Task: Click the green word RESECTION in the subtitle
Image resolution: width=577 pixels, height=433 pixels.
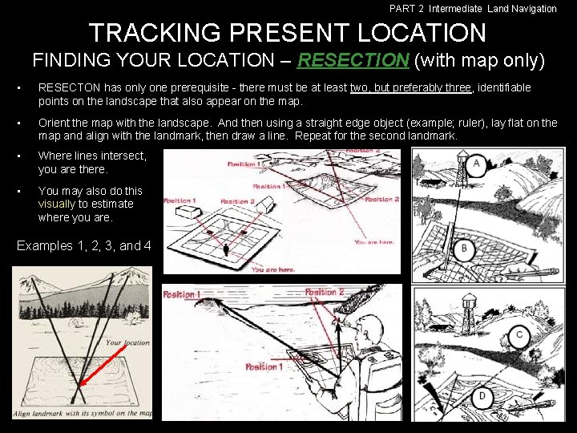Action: [353, 60]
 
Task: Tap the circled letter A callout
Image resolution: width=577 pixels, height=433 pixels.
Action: [477, 164]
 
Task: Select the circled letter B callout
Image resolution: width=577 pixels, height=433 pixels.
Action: [464, 249]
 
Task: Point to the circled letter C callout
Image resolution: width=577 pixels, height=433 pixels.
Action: [519, 335]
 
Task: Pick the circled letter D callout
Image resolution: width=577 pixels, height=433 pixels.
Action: [482, 397]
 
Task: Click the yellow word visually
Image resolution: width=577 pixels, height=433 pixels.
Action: [57, 204]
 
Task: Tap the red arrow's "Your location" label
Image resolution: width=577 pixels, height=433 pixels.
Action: [127, 343]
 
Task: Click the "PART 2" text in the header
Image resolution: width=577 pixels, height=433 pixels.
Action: [406, 9]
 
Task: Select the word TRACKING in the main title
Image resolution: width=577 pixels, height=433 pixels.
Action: [155, 32]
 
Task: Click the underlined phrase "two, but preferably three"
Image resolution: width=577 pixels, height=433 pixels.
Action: [410, 87]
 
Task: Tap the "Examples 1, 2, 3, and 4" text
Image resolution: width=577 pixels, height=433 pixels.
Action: [84, 245]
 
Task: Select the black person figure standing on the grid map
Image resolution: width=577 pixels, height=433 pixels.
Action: [226, 250]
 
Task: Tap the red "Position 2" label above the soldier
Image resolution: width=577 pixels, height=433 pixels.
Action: [325, 293]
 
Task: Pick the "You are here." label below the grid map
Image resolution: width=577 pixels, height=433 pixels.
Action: [273, 269]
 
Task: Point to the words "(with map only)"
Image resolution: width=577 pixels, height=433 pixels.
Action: [479, 60]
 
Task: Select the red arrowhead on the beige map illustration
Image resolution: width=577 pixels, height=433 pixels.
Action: [83, 382]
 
